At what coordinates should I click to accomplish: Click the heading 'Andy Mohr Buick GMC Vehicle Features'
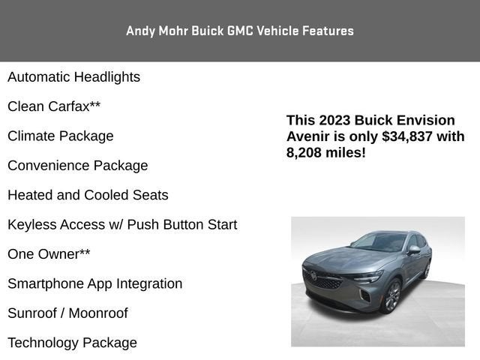tap(240, 31)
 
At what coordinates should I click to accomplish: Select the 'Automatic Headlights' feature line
tap(73, 77)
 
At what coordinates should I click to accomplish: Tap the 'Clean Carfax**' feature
tap(54, 106)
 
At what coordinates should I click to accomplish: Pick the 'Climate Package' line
tap(61, 136)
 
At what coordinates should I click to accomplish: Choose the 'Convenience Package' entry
tap(78, 166)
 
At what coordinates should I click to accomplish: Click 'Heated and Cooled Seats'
tap(88, 195)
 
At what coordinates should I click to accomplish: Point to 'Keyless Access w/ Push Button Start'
tap(122, 225)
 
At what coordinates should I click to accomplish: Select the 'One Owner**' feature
tap(49, 254)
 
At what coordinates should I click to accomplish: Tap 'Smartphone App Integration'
tap(95, 283)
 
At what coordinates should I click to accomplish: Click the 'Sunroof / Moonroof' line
tap(67, 313)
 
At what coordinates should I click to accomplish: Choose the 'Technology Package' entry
tap(72, 343)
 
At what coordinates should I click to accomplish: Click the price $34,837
tap(407, 136)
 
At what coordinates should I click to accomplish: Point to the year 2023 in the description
tap(334, 120)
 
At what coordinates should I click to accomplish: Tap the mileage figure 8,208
tap(304, 153)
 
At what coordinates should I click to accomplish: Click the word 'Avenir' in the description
tap(308, 136)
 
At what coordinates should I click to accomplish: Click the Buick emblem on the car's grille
tap(313, 274)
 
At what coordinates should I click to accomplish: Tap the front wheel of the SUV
tap(391, 296)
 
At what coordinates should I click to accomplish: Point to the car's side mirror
tap(414, 250)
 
